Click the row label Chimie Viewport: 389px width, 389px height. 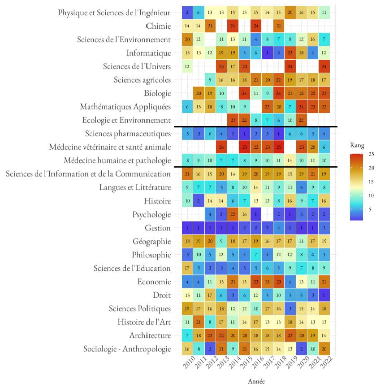tap(159, 26)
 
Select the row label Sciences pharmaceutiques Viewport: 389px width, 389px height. tap(128, 134)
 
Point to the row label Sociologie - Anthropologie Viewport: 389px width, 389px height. tap(127, 349)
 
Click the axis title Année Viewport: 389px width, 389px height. tap(256, 381)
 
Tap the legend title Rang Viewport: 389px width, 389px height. tap(357, 145)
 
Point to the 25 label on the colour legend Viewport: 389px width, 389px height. tap(372, 154)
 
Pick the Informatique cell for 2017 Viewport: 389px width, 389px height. tap(267, 53)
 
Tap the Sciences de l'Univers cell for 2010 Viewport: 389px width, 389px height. tap(187, 66)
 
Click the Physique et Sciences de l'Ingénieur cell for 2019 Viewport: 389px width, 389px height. tap(290, 13)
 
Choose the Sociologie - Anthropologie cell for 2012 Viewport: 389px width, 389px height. tap(209, 349)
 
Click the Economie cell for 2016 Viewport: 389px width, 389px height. tap(255, 282)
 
